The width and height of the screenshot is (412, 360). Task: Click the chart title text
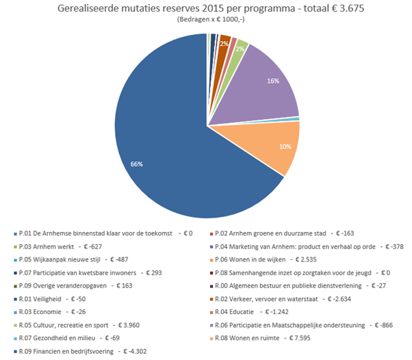206,9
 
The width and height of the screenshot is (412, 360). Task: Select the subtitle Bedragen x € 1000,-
206,21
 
